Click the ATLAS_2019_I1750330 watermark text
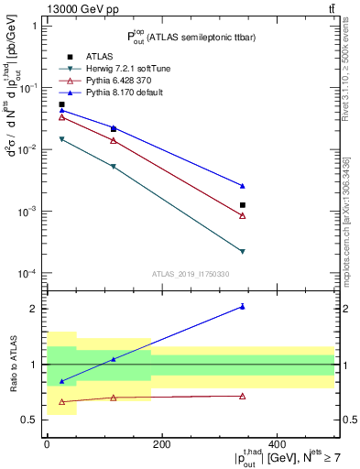point(191,274)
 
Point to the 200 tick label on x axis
point(161,444)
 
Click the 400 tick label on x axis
point(276,444)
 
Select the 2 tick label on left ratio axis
point(37,309)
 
